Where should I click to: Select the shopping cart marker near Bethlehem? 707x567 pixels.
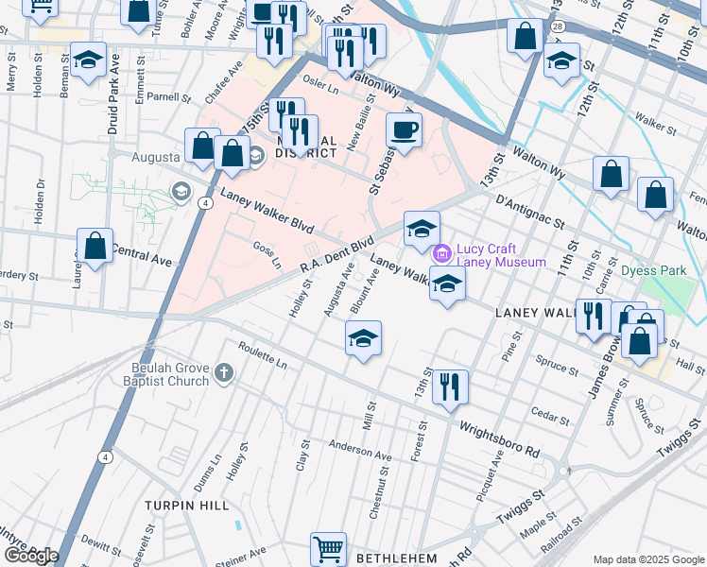point(328,547)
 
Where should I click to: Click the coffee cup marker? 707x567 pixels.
point(404,129)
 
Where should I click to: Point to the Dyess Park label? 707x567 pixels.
point(653,270)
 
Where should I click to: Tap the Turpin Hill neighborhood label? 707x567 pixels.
point(187,506)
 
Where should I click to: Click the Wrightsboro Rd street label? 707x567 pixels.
point(499,438)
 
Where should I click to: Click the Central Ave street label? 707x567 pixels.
point(143,253)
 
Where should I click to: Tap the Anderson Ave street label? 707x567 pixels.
point(359,450)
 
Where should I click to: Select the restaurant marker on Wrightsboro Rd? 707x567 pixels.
point(451,386)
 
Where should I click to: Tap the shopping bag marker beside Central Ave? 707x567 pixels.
point(95,246)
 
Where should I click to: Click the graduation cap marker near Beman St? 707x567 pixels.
point(88,60)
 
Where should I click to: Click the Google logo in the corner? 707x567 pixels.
point(31,555)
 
